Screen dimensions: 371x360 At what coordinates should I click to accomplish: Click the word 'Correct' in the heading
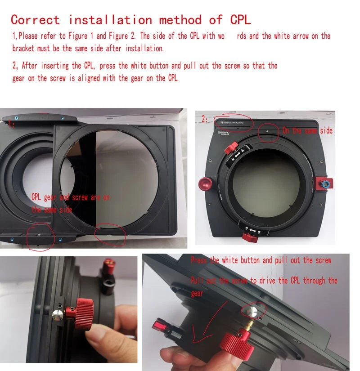point(35,20)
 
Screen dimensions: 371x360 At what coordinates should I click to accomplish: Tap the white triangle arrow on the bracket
point(267,130)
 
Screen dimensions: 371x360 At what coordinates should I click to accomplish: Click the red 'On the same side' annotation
point(307,130)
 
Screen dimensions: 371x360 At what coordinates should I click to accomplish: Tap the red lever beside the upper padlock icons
point(232,148)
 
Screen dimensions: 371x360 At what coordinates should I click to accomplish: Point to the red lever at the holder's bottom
point(247,235)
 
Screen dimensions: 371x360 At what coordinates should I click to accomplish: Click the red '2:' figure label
point(205,120)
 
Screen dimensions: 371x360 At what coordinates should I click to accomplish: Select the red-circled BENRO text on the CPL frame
point(234,122)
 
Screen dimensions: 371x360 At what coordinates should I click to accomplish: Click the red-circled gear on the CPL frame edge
point(107,232)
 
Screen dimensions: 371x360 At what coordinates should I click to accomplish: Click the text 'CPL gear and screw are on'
point(70,197)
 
